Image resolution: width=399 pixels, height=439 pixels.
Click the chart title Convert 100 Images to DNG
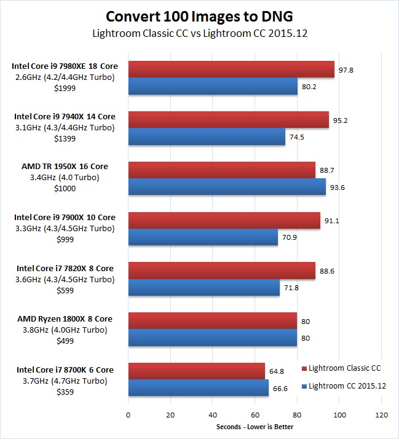[x=199, y=15]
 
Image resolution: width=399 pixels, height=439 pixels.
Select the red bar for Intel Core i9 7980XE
[x=231, y=70]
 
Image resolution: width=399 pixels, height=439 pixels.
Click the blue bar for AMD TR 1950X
[x=226, y=188]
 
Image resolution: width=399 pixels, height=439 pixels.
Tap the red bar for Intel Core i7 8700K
[x=196, y=371]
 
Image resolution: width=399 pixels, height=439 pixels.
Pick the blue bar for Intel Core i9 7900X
[x=202, y=238]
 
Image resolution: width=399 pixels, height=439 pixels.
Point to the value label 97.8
[x=347, y=70]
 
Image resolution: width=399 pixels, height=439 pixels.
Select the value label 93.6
[x=338, y=188]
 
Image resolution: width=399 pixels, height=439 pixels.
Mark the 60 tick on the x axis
[x=255, y=415]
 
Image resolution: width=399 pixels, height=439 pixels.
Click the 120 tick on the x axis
[x=381, y=415]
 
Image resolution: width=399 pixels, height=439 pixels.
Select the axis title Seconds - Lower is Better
[x=255, y=427]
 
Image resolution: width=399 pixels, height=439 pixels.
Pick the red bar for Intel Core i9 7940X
[x=228, y=121]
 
